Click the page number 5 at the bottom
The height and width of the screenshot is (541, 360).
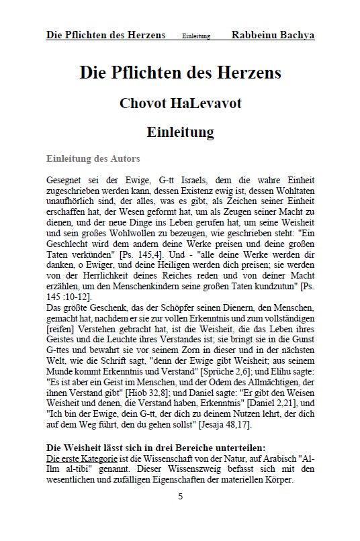coord(180,515)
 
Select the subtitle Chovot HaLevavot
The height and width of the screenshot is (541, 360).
coord(180,103)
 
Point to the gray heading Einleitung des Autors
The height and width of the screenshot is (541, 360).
coord(93,159)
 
